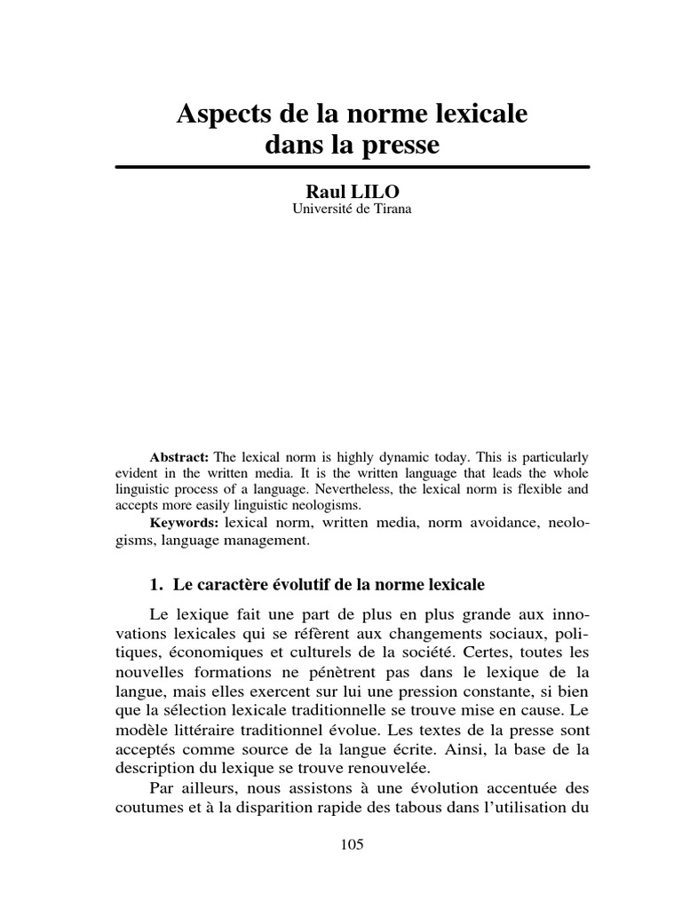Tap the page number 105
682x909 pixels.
[x=352, y=844]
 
